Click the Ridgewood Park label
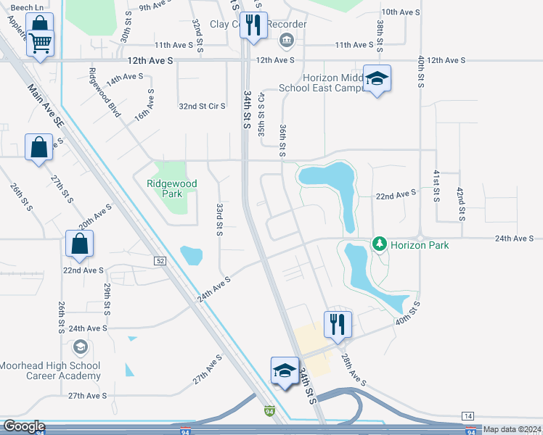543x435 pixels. coord(173,189)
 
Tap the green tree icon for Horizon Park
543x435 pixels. coord(378,244)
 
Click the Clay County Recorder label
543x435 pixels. coord(258,24)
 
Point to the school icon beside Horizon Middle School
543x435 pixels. coord(377,79)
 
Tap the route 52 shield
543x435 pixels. coord(160,260)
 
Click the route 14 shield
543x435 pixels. coord(468,415)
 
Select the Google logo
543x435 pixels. coord(24,426)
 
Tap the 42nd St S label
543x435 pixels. coord(460,204)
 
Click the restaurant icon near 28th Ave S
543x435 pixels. coord(338,324)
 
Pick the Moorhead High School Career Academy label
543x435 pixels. coord(50,370)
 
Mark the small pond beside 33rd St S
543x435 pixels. coord(192,254)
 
